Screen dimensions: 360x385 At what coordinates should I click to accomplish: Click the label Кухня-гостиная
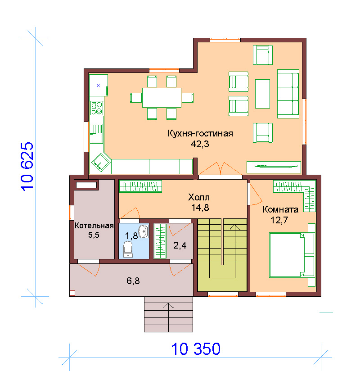(200, 134)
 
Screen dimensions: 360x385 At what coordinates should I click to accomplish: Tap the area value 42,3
(200, 144)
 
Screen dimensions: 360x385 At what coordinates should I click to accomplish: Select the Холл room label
(199, 197)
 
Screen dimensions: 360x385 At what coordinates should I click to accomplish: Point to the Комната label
(280, 209)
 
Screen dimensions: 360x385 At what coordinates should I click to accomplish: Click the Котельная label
(94, 226)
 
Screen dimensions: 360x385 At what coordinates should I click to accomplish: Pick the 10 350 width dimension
(196, 349)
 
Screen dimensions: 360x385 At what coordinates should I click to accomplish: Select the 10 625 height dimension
(27, 167)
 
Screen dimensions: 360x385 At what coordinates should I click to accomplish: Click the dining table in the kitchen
(162, 97)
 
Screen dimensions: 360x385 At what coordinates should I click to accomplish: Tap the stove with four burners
(96, 108)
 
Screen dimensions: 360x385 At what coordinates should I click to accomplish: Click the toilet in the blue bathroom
(128, 249)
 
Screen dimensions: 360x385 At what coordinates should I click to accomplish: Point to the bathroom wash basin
(144, 231)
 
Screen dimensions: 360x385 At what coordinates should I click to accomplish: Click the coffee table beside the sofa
(262, 94)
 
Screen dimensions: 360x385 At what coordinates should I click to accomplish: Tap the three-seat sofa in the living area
(288, 94)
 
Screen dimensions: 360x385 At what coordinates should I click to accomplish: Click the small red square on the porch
(72, 293)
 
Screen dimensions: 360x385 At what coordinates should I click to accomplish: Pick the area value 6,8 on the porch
(133, 281)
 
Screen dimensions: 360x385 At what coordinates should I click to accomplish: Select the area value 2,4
(180, 245)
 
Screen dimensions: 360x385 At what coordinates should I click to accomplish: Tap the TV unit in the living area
(274, 167)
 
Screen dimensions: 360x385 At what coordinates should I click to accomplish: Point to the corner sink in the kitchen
(101, 162)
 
